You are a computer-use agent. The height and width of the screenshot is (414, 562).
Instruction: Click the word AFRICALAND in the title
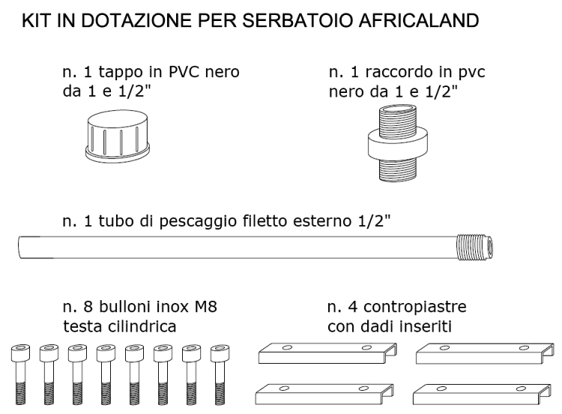[x=419, y=21]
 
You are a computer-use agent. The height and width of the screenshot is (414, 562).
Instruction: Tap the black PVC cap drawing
[x=118, y=136]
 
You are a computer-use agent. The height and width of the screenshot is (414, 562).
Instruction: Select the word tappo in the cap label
[x=121, y=73]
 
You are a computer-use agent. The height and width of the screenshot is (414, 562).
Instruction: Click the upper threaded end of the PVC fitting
[x=397, y=118]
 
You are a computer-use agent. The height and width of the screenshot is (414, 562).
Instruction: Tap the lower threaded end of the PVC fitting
[x=397, y=169]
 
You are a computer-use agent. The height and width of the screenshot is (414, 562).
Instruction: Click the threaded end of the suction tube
[x=475, y=247]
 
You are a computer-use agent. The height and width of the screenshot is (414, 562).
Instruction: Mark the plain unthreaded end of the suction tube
[x=21, y=247]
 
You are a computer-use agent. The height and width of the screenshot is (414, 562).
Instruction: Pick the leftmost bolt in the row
[x=20, y=374]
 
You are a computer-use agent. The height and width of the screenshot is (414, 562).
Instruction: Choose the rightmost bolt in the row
[x=220, y=374]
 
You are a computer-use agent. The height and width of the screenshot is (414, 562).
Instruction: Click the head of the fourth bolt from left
[x=106, y=353]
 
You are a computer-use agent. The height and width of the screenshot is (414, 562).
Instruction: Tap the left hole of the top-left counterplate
[x=287, y=347]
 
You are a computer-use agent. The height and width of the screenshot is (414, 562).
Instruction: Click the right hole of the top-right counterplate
[x=525, y=348]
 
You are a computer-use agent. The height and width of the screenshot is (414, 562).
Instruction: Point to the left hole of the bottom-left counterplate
[x=284, y=388]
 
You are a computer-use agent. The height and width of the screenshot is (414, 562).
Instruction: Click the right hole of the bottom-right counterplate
[x=521, y=388]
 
